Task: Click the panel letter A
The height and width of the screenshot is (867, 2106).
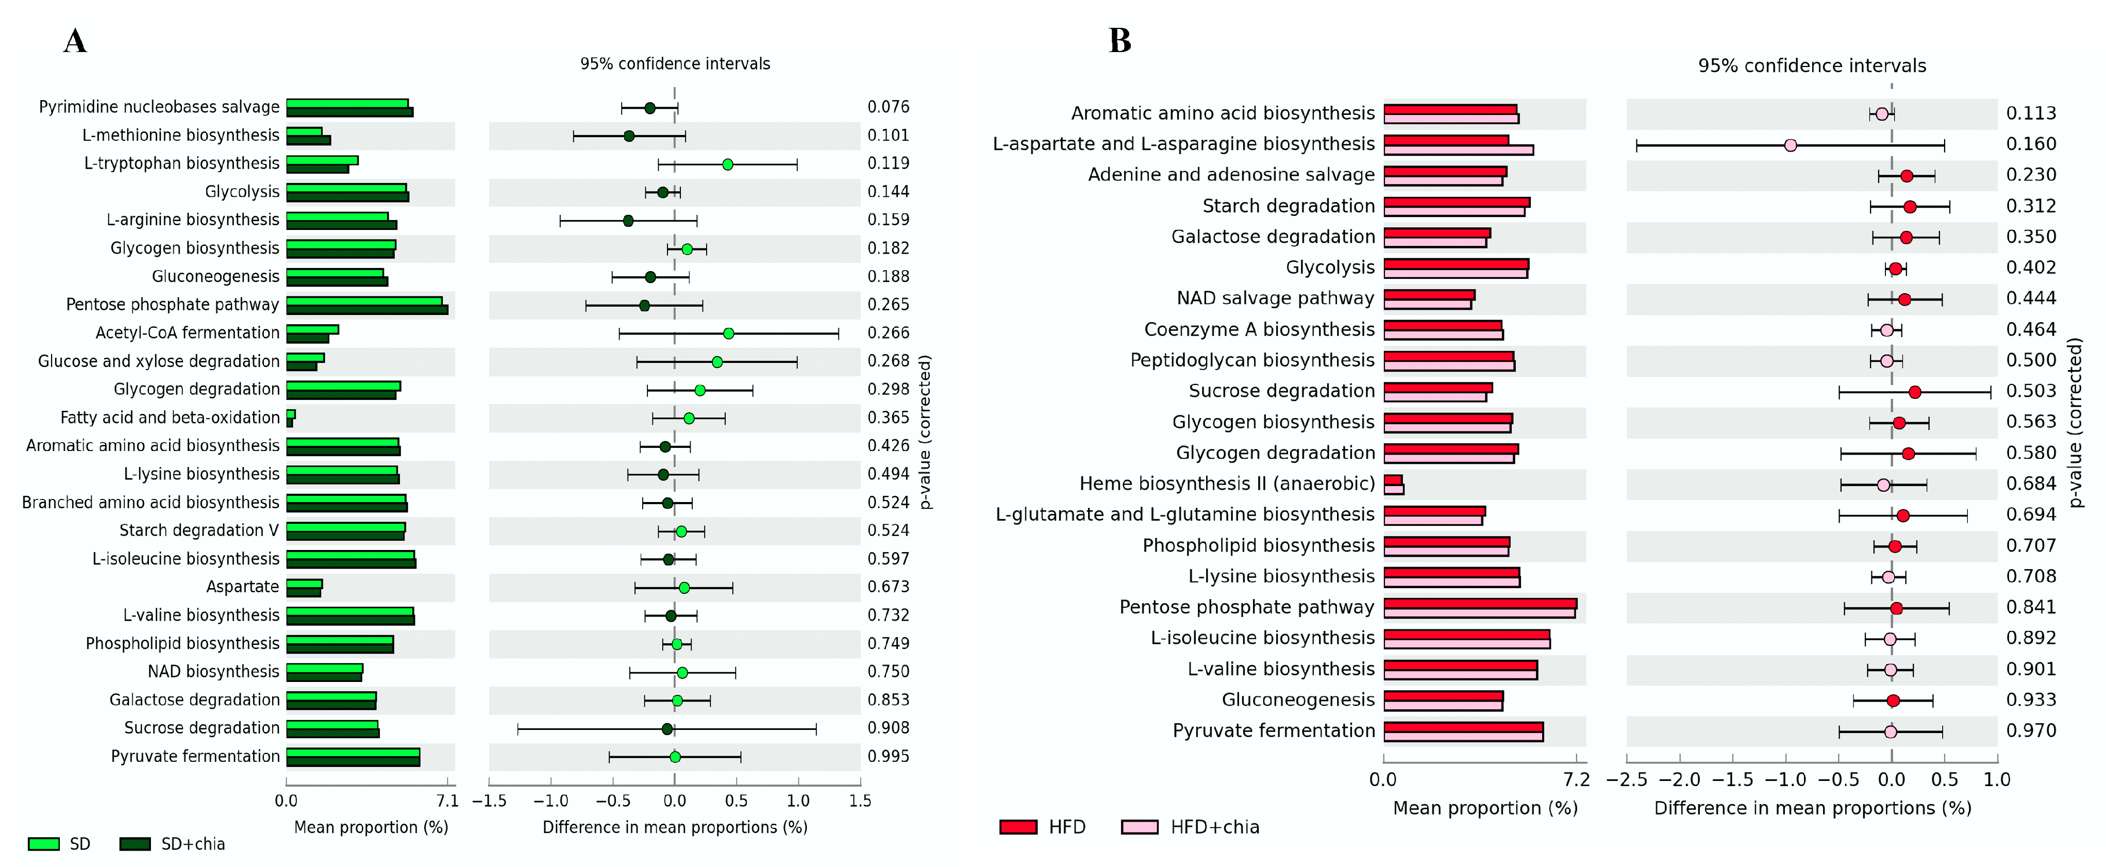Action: (x=75, y=41)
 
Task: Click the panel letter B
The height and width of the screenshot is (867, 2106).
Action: (x=1119, y=41)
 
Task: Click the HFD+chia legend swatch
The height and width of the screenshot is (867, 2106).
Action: (x=1140, y=827)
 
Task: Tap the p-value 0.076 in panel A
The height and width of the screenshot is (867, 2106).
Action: (x=888, y=107)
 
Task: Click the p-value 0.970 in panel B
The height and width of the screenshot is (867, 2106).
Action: (x=2031, y=730)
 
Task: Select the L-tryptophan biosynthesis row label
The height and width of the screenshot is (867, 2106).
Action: (x=181, y=163)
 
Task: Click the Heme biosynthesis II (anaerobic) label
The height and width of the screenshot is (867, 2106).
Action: (x=1226, y=483)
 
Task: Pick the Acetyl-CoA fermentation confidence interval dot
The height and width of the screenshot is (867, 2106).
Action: (x=728, y=333)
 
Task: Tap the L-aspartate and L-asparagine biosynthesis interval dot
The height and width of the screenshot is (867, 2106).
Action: (x=1791, y=145)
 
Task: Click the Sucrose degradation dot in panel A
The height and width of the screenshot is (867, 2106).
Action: (x=667, y=729)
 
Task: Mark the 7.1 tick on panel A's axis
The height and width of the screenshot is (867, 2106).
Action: (x=447, y=801)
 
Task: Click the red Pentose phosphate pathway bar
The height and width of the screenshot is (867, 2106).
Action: (x=1480, y=604)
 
